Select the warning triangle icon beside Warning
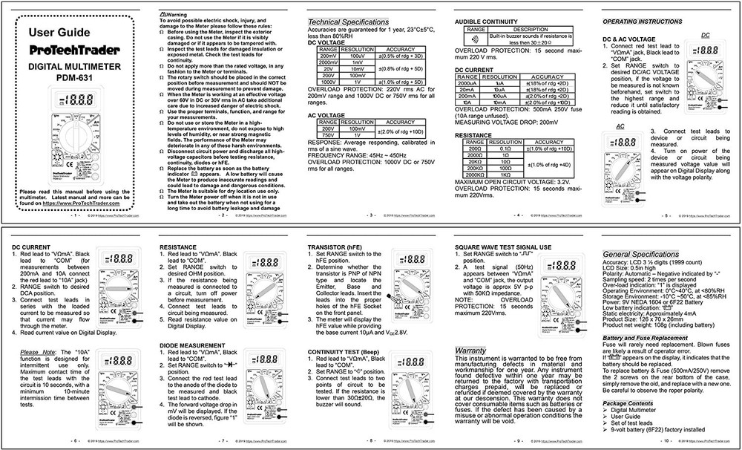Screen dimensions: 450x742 [163, 13]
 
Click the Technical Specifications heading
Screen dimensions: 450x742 [348, 22]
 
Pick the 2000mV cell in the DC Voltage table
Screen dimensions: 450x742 [327, 63]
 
